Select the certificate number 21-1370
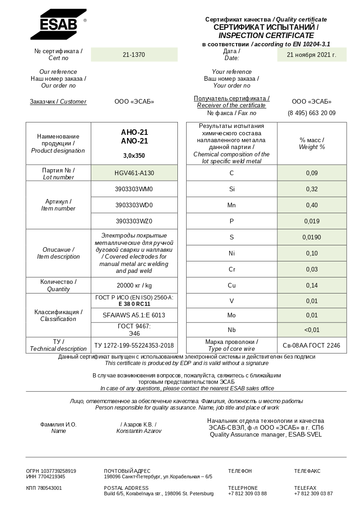[134, 55]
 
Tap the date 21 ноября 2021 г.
[311, 55]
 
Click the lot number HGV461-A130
[134, 173]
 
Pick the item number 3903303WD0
[134, 205]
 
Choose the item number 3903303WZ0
[134, 221]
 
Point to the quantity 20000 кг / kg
[134, 285]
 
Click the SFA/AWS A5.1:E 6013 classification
[134, 316]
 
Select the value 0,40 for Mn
[312, 205]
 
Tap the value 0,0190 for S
[312, 237]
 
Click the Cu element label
[232, 285]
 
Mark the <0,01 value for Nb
[312, 330]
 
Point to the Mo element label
[232, 316]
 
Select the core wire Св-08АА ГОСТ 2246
[312, 345]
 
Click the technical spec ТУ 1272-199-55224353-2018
[134, 345]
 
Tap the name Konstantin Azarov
[138, 431]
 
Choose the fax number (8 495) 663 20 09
[311, 113]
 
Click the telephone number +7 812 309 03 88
[247, 493]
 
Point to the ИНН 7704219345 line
[45, 476]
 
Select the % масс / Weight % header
[312, 144]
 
